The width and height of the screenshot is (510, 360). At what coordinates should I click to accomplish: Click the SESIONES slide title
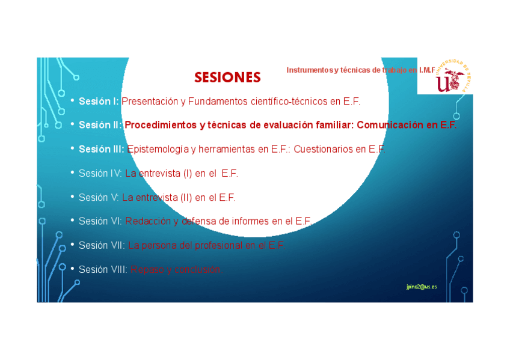point(227,78)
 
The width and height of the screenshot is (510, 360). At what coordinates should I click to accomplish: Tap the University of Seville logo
point(445,77)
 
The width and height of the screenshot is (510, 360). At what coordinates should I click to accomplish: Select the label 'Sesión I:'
point(99,102)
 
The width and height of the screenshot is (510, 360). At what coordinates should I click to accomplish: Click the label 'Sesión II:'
point(100,126)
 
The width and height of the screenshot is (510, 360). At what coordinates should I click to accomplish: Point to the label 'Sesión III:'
point(102,150)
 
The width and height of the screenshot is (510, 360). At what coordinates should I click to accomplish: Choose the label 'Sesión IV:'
point(100,174)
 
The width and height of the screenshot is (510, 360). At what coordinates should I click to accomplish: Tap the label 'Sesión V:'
point(99,198)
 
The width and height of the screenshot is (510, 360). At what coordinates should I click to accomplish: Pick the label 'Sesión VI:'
point(100,221)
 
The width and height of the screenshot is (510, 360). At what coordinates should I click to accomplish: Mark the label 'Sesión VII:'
point(102,245)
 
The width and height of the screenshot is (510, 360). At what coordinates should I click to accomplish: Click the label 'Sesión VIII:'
point(103,270)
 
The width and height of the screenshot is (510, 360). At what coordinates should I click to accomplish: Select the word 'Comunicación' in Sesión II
point(392,126)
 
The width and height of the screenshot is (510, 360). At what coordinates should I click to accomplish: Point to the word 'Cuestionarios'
point(322,150)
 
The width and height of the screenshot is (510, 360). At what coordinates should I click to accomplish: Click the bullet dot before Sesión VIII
point(72,269)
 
